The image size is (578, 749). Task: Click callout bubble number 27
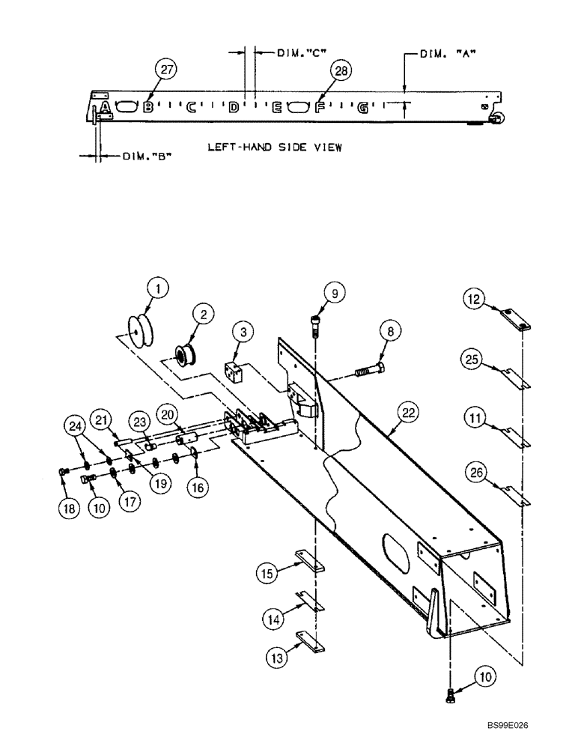(166, 70)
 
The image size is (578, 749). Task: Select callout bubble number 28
(341, 71)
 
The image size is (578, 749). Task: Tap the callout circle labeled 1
(158, 287)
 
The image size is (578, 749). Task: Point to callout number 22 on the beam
(409, 413)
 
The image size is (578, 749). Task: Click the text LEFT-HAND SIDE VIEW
(275, 148)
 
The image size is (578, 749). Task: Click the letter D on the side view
(234, 108)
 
